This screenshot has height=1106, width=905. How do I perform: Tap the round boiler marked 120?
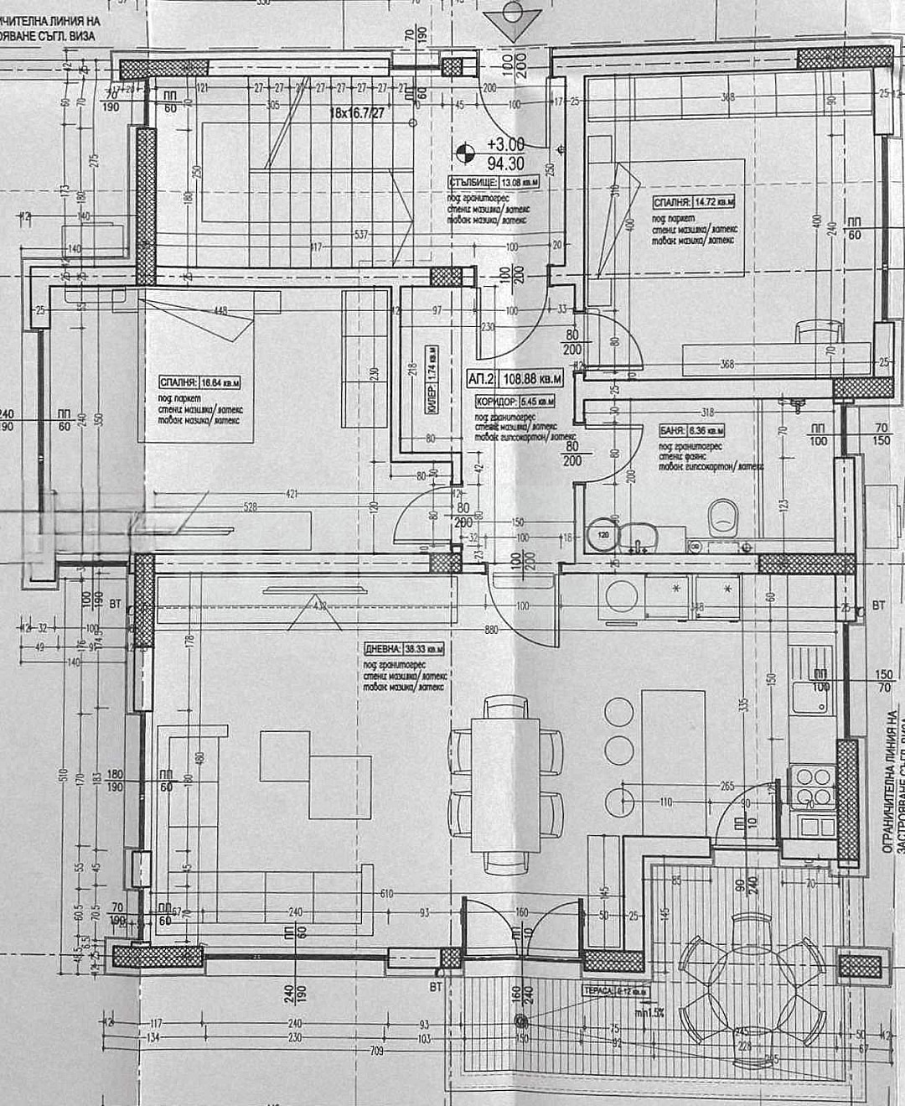click(602, 534)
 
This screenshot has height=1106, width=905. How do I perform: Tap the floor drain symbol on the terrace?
click(521, 1021)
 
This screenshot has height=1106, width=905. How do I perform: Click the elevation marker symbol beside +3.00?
click(461, 153)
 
